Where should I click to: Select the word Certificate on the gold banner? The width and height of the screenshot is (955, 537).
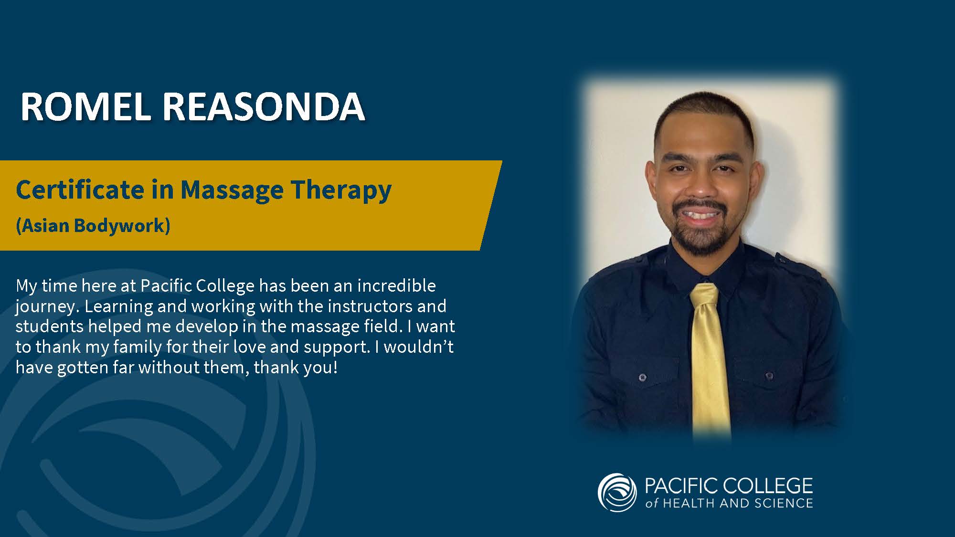click(x=80, y=190)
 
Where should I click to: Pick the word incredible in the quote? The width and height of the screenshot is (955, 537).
click(x=396, y=285)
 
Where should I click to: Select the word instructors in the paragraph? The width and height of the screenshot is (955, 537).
click(x=367, y=306)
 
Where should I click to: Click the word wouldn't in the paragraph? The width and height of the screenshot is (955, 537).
click(x=418, y=347)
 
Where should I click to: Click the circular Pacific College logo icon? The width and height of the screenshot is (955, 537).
click(x=617, y=493)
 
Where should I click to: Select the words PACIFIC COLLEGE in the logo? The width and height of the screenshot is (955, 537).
click(x=729, y=486)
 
